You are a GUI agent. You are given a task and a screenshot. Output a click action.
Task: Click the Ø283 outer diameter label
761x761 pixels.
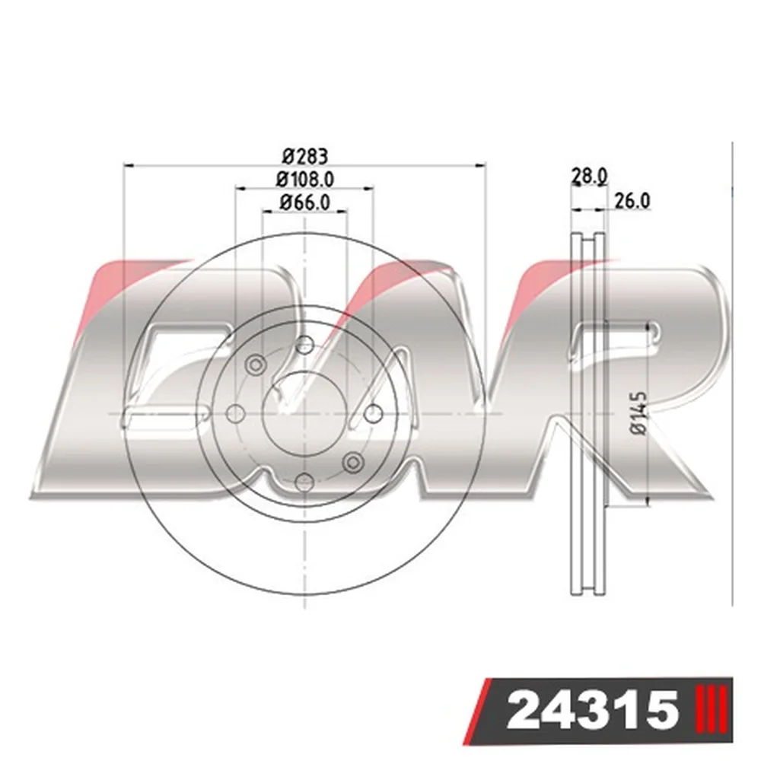pyautogui.click(x=305, y=156)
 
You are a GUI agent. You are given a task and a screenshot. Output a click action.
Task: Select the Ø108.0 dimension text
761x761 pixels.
pyautogui.click(x=305, y=180)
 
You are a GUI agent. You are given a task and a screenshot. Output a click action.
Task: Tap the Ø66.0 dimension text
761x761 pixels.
pyautogui.click(x=305, y=202)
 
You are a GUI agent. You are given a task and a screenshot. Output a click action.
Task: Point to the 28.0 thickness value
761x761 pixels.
pyautogui.click(x=589, y=176)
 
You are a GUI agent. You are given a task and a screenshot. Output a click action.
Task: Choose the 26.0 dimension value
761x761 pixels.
pyautogui.click(x=632, y=200)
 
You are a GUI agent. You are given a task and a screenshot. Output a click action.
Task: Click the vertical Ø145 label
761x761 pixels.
pyautogui.click(x=639, y=413)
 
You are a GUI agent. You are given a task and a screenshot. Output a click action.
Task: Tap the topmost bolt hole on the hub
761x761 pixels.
pyautogui.click(x=304, y=345)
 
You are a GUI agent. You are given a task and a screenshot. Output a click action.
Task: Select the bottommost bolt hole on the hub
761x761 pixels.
pyautogui.click(x=304, y=482)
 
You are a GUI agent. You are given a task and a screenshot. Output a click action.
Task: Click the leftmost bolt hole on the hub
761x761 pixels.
pyautogui.click(x=236, y=414)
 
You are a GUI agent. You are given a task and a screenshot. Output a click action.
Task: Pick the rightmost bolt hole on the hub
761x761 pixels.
pyautogui.click(x=373, y=414)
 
